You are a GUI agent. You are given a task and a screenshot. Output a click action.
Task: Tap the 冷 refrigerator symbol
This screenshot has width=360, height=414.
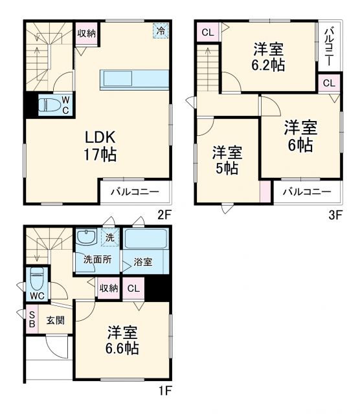click(159, 30)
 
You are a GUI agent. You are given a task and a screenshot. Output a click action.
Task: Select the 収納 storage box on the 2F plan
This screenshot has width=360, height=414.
click(86, 33)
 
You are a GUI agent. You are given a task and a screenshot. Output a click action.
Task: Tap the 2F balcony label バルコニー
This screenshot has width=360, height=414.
click(135, 191)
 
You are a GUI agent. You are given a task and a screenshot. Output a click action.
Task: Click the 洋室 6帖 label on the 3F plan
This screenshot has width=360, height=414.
click(299, 136)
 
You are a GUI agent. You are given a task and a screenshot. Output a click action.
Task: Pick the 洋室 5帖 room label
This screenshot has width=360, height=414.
click(227, 160)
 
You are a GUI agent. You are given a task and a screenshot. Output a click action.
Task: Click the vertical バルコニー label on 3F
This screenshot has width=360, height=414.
click(328, 47)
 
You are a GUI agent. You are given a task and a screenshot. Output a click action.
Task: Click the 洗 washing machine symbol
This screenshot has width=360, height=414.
click(109, 237)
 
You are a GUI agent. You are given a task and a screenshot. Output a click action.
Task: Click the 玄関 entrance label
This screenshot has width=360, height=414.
click(55, 320)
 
